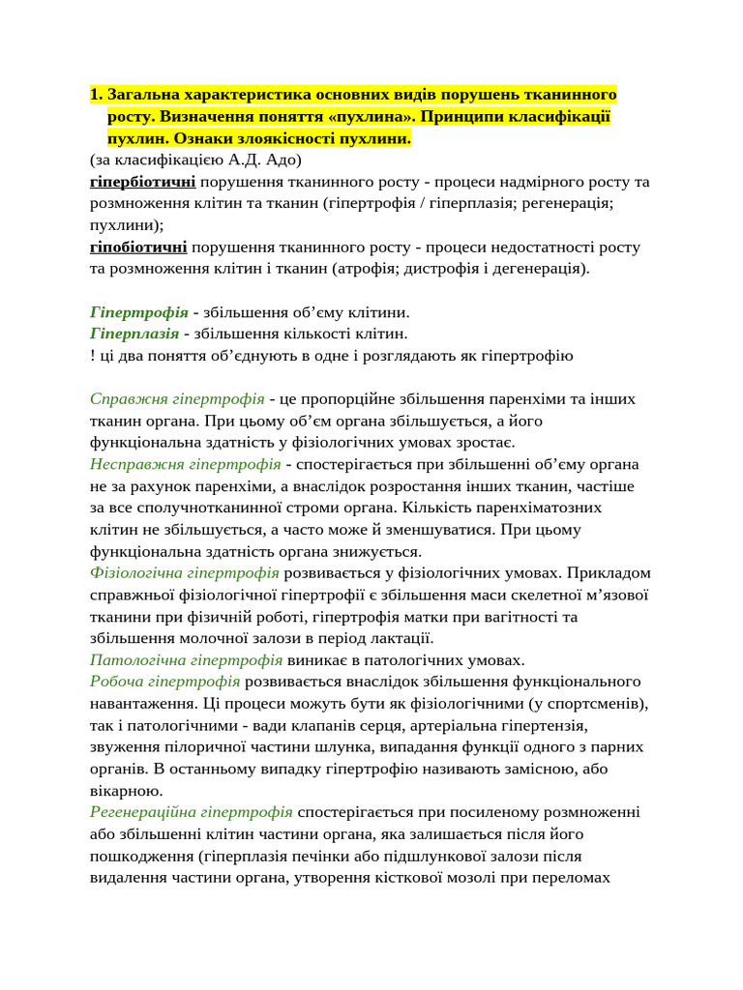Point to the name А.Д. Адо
(x=268, y=160)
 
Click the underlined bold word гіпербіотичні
(x=142, y=182)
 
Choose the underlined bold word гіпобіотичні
(x=138, y=247)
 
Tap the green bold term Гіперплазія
(x=134, y=334)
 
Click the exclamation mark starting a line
(x=91, y=356)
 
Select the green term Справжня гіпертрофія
(x=177, y=399)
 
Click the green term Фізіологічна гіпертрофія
(x=184, y=573)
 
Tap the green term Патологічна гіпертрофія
(x=186, y=660)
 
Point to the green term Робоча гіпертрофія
(x=163, y=683)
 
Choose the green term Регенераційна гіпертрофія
(x=192, y=812)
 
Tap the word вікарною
(x=122, y=791)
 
